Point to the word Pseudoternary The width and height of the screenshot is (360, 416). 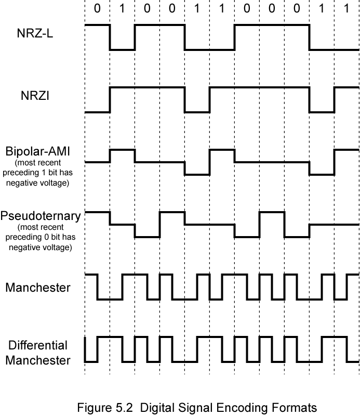pos(41,216)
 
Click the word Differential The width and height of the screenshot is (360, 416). pos(38,346)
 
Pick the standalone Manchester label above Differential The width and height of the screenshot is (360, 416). pos(38,288)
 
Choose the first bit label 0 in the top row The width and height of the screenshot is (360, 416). pos(97,9)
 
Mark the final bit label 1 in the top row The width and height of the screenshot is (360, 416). pos(346,9)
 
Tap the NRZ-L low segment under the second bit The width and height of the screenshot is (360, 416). pos(122,50)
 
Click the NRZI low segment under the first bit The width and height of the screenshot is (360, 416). pos(97,112)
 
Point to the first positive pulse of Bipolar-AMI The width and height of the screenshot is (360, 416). pos(122,150)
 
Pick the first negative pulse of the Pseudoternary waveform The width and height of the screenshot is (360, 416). pos(147,237)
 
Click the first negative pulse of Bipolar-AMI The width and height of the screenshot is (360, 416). pos(197,175)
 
